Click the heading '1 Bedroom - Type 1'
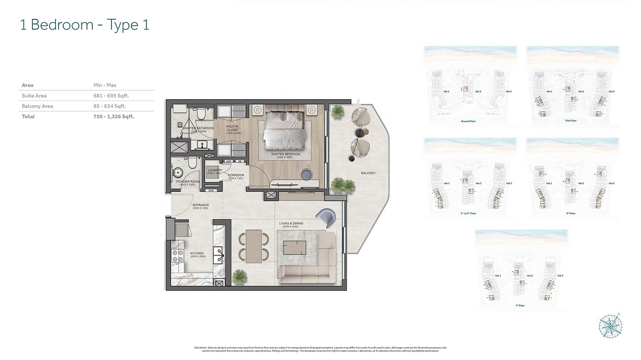(x=85, y=25)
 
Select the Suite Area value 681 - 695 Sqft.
(x=111, y=96)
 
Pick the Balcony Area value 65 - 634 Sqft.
(x=110, y=106)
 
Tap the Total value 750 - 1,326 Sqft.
(x=114, y=116)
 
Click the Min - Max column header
(x=105, y=85)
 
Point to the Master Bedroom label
(x=285, y=154)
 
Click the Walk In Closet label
(x=232, y=129)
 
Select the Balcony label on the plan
(x=368, y=173)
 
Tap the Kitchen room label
(x=197, y=254)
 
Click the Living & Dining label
(x=291, y=224)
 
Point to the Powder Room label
(x=188, y=181)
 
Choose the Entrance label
(x=200, y=205)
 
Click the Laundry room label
(x=215, y=170)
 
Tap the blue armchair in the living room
(x=327, y=217)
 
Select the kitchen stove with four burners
(x=177, y=256)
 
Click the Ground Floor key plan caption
(x=468, y=121)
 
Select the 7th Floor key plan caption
(x=520, y=306)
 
